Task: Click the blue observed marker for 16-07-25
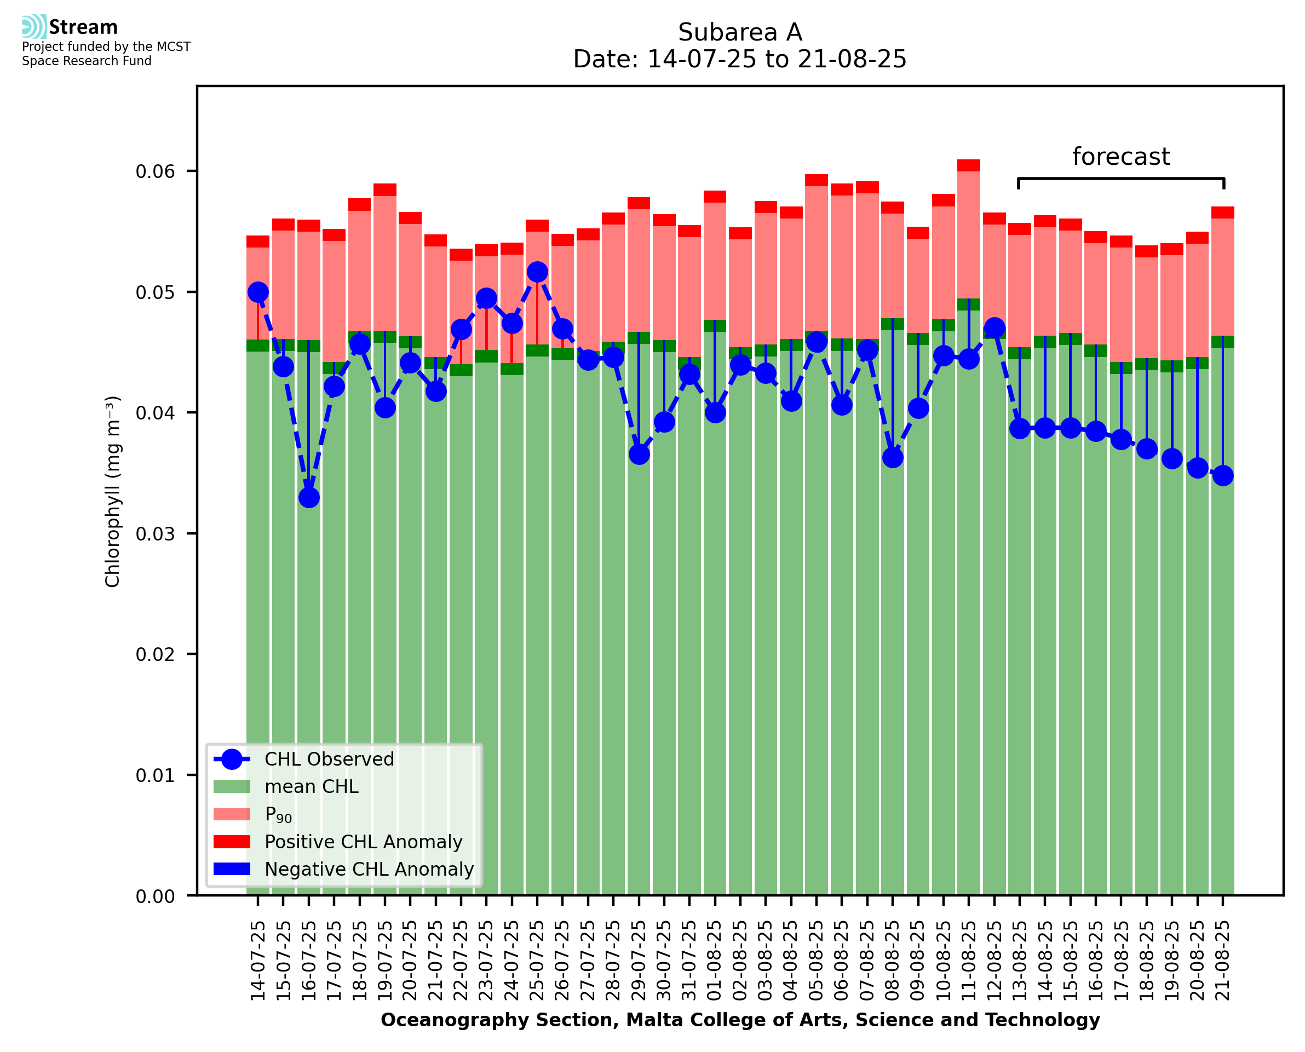309,497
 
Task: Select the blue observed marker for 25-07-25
537,272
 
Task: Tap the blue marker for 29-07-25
639,455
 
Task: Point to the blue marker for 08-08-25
893,457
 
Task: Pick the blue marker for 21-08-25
1223,476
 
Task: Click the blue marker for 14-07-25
258,292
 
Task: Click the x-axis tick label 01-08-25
715,961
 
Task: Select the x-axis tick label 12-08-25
994,961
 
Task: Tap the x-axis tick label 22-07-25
461,961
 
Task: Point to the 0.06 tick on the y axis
155,171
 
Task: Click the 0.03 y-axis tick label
155,534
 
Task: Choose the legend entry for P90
279,814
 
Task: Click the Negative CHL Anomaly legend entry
369,869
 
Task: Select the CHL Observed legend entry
329,760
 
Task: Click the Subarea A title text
740,32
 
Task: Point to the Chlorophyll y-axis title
113,491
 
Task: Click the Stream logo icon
34,27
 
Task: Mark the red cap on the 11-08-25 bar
969,165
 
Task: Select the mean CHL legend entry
312,786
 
